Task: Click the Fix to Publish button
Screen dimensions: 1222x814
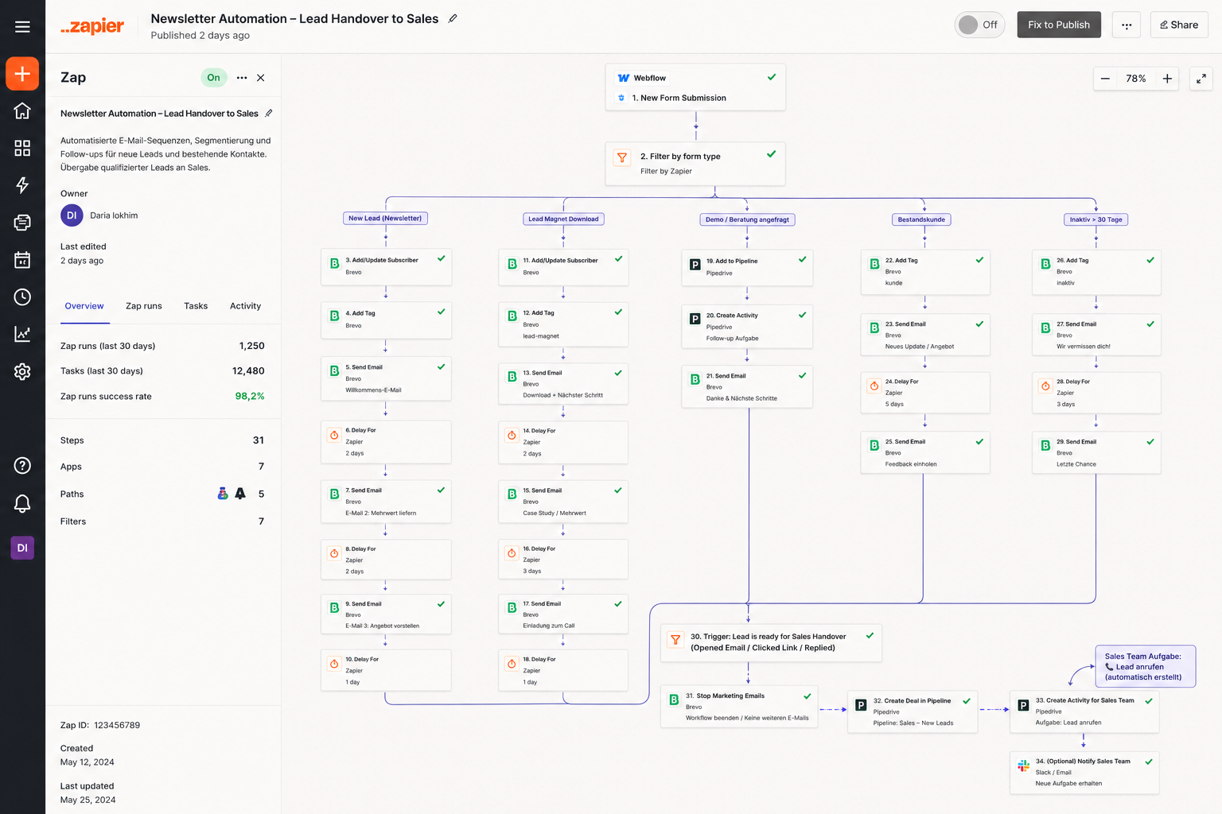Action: pos(1058,25)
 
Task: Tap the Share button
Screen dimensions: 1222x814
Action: pos(1178,25)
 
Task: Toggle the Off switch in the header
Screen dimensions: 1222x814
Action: pos(979,25)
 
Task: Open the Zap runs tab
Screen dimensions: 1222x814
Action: pos(143,306)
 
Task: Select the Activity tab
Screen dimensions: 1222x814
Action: pos(245,306)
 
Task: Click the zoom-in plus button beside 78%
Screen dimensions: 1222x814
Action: pos(1167,79)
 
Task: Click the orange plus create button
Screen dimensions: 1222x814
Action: pos(22,74)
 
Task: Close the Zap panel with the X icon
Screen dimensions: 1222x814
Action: pos(261,77)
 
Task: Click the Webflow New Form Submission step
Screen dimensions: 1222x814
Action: pos(695,87)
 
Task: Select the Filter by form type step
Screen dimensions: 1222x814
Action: pos(695,164)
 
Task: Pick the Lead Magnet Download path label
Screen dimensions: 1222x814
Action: pos(563,219)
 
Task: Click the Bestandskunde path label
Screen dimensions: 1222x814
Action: pos(921,219)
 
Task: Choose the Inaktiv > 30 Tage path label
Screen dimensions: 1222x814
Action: pos(1096,219)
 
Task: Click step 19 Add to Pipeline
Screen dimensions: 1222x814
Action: pos(747,267)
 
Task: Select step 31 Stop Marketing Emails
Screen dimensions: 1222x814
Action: pos(738,707)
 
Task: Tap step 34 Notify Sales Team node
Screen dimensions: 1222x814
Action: pos(1084,772)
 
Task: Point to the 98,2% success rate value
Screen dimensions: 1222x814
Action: pos(249,396)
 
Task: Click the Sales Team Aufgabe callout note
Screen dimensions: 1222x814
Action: pos(1145,666)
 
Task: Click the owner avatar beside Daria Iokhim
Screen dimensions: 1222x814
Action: pos(72,215)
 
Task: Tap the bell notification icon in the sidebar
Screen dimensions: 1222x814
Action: pos(22,502)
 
